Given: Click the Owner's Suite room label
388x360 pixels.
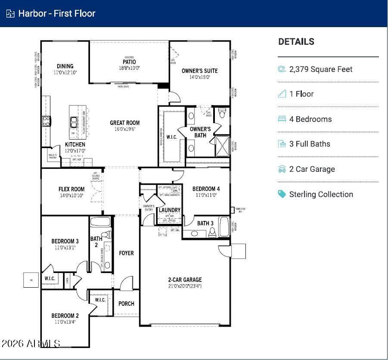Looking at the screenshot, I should tap(199, 71).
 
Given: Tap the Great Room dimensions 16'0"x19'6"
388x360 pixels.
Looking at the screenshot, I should tap(124, 129).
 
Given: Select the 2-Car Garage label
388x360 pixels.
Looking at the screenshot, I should tap(185, 279).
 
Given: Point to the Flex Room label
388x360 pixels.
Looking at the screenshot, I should tap(71, 189).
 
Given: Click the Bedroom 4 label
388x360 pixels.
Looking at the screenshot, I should tap(206, 189).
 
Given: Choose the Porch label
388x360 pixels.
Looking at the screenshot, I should tap(126, 304).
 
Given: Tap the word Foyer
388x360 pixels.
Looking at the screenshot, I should tap(126, 253).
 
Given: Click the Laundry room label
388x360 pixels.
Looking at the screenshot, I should tap(169, 210).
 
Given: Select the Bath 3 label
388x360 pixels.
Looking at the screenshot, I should tap(205, 223).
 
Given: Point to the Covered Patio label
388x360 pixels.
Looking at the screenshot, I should tap(129, 62).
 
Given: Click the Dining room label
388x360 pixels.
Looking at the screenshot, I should tap(65, 66).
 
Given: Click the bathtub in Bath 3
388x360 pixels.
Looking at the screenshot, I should tap(224, 227).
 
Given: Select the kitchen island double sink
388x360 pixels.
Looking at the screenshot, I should tap(74, 122).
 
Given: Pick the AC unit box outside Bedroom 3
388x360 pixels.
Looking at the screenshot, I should tap(31, 279).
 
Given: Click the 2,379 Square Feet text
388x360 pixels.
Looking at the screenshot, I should tap(321, 69).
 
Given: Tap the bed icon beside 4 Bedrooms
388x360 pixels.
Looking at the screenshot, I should tap(282, 119).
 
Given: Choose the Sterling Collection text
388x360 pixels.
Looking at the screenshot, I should tap(321, 194).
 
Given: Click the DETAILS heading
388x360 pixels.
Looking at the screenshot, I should tap(296, 42).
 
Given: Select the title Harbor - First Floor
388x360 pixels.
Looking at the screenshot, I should tap(56, 13).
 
